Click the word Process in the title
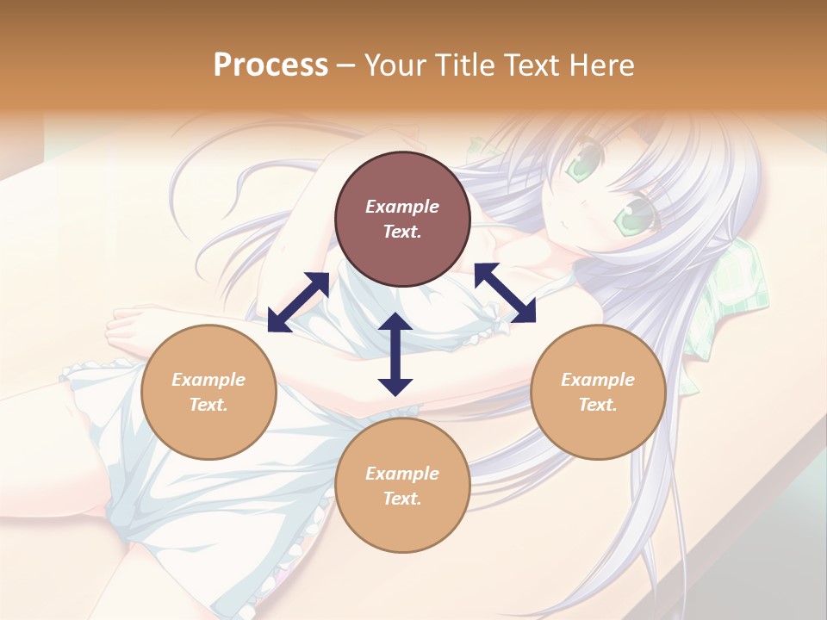pos(270,65)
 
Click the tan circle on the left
pos(208,392)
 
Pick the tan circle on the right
pos(598,392)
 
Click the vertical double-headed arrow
pos(395,354)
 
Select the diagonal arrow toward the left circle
pos(298,302)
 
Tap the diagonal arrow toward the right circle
pos(506,293)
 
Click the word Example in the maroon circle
pos(402,207)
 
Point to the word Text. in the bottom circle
pos(402,499)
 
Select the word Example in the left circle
pos(208,380)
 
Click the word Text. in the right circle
pos(598,405)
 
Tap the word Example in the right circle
pos(598,380)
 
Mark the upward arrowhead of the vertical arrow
pos(395,322)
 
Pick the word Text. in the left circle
pos(208,405)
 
